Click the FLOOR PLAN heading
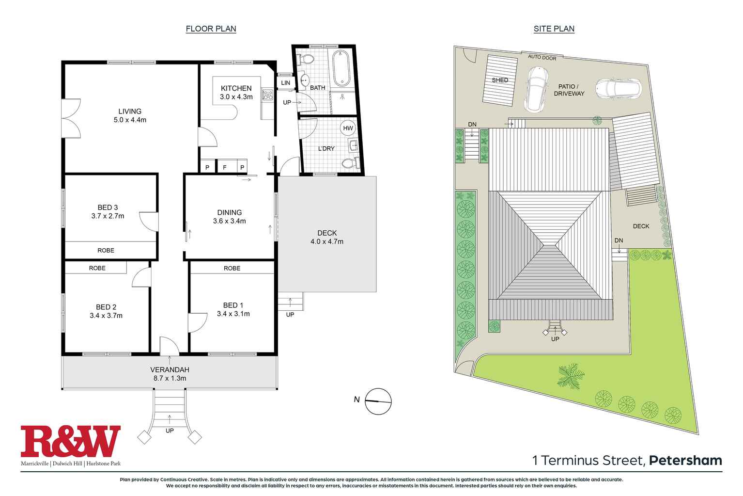click(211, 29)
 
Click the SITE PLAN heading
click(554, 29)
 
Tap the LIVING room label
click(130, 111)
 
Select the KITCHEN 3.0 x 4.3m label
click(236, 92)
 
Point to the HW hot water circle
click(348, 128)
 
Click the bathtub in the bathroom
click(341, 67)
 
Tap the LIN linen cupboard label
click(286, 83)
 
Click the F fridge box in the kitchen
click(224, 167)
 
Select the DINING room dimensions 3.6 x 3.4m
click(229, 221)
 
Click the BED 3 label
click(108, 208)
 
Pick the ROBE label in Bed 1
click(232, 268)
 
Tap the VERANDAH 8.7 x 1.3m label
click(169, 374)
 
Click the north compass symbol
click(378, 401)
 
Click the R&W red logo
click(71, 442)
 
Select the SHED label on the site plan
click(500, 80)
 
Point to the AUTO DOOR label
click(542, 57)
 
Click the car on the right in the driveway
click(618, 89)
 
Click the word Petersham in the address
click(685, 460)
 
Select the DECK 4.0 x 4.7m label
click(327, 237)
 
